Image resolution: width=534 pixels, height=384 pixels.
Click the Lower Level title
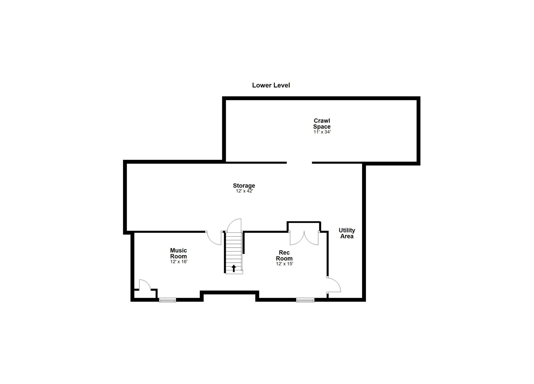271,85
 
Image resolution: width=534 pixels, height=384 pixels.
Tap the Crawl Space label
322,124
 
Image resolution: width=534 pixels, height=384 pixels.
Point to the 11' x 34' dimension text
322,132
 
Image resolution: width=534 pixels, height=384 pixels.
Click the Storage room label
244,185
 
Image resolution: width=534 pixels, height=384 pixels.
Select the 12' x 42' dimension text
244,191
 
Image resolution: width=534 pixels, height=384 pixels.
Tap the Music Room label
179,253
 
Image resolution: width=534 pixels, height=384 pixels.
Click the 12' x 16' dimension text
179,262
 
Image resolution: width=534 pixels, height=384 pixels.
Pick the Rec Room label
284,255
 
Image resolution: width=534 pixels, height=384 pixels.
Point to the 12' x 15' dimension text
285,264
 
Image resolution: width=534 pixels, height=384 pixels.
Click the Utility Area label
347,233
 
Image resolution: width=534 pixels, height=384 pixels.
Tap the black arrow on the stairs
234,268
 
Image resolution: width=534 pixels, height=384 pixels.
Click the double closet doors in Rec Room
304,238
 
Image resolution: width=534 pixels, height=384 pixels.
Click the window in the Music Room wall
167,300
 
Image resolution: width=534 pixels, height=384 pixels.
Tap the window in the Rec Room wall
305,300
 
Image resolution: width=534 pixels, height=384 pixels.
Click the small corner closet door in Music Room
145,285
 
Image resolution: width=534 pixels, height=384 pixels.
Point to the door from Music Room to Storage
214,238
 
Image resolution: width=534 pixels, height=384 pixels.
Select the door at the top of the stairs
234,225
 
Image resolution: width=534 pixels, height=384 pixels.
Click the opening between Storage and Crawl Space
299,163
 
